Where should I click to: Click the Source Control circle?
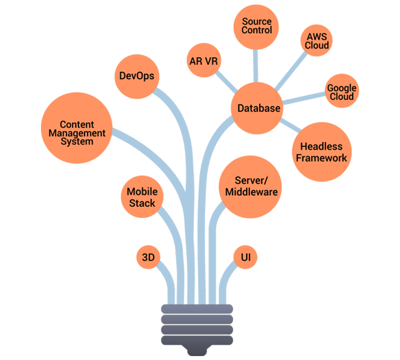pyautogui.click(x=256, y=27)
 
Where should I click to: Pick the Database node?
pyautogui.click(x=258, y=108)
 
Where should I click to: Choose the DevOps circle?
pyautogui.click(x=136, y=76)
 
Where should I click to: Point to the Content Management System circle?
pyautogui.click(x=77, y=132)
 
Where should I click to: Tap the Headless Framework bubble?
pyautogui.click(x=321, y=153)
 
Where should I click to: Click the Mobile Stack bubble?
pyautogui.click(x=142, y=197)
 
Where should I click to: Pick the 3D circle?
pyautogui.click(x=148, y=258)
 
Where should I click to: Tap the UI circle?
pyautogui.click(x=246, y=258)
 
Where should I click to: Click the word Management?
pyautogui.click(x=77, y=133)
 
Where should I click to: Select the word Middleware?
pyautogui.click(x=251, y=192)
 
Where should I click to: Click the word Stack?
pyautogui.click(x=142, y=203)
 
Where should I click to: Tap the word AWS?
pyautogui.click(x=318, y=36)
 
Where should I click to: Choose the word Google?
pyautogui.click(x=342, y=88)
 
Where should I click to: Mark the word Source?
pyautogui.click(x=256, y=21)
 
